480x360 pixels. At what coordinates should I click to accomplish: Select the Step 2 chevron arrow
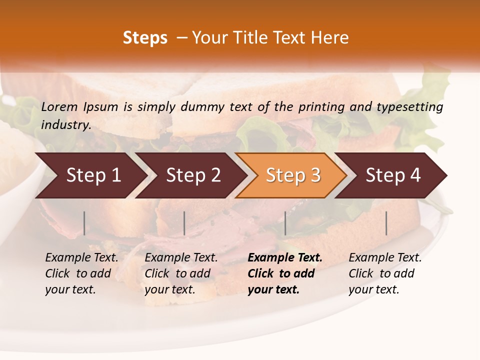[193, 175]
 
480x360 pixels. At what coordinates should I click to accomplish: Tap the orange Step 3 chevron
[292, 175]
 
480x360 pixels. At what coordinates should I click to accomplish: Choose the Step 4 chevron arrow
[392, 175]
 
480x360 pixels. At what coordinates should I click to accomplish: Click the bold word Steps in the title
[145, 38]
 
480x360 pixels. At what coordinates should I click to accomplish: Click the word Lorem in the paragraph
[59, 107]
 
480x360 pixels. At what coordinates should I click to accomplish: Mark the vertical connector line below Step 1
[84, 223]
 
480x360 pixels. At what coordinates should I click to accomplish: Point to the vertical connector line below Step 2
[184, 223]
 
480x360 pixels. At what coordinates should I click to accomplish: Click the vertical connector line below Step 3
[285, 223]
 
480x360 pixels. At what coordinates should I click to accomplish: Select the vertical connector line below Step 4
[386, 223]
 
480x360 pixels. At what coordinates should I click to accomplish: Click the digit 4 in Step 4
[415, 175]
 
